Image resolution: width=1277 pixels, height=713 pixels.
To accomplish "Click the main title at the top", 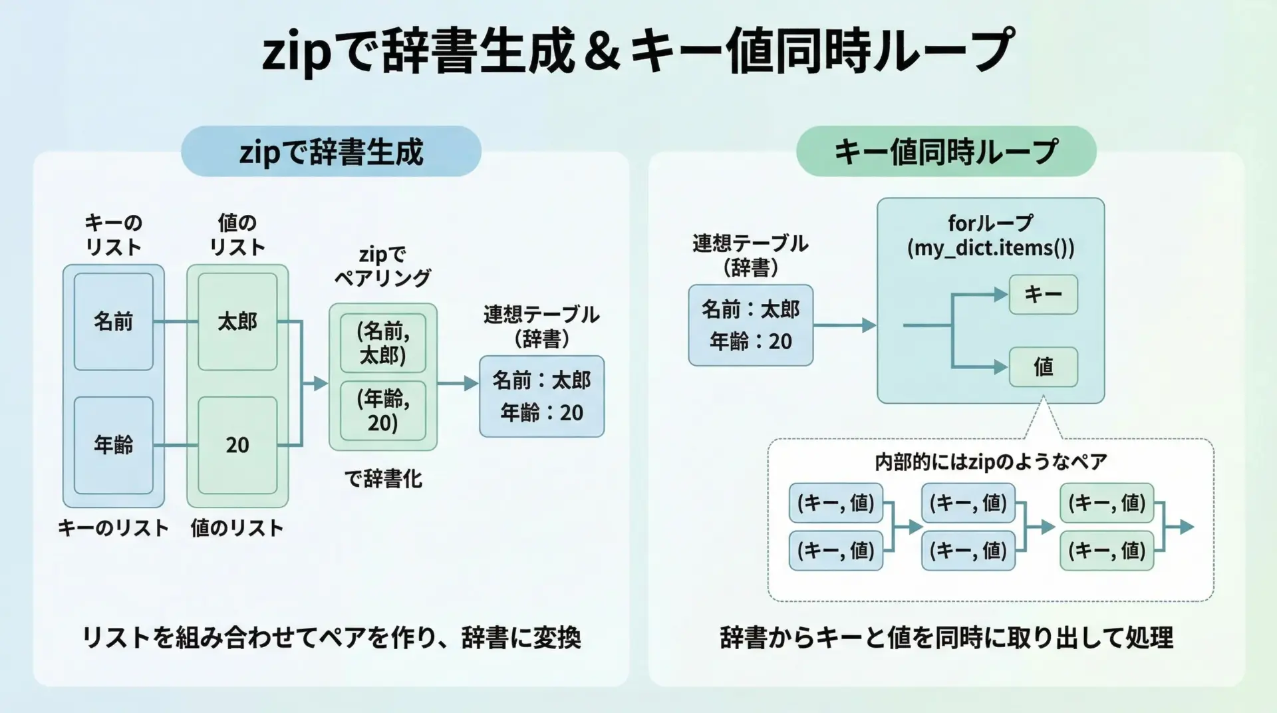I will tap(638, 51).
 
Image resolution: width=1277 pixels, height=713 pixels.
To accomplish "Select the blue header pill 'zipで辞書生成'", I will tap(331, 152).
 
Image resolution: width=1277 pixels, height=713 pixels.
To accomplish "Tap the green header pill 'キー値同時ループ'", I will tap(945, 152).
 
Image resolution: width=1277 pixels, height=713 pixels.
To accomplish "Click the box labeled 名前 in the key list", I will tap(113, 321).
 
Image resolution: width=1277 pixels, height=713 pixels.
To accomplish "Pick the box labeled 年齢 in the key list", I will tap(113, 444).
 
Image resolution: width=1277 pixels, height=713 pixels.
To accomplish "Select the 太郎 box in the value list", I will tap(237, 321).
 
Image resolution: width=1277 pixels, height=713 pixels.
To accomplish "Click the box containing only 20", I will tap(237, 444).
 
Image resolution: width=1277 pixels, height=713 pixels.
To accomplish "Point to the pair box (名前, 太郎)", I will tap(382, 343).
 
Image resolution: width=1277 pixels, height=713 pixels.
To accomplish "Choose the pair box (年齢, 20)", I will tap(382, 410).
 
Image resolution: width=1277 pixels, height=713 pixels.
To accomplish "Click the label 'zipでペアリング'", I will tap(382, 265).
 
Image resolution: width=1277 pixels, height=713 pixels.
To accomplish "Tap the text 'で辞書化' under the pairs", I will tap(382, 478).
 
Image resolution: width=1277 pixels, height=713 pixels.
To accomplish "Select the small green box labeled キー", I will tap(1043, 294).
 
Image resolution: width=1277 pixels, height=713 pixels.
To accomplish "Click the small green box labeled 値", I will tap(1043, 366).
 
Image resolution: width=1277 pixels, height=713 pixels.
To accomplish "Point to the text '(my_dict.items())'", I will tap(990, 248).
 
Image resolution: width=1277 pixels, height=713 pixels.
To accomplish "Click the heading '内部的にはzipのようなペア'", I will tap(990, 462).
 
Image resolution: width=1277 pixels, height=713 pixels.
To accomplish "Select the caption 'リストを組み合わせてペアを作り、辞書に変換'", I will tap(331, 638).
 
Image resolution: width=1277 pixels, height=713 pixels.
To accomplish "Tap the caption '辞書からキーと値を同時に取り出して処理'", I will tap(946, 638).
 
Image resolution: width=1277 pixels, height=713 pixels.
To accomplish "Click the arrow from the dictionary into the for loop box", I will tap(844, 325).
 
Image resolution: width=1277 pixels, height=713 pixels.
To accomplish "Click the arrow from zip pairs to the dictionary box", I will tap(458, 383).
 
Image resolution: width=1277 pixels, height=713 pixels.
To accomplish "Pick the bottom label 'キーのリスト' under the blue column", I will tap(113, 528).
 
